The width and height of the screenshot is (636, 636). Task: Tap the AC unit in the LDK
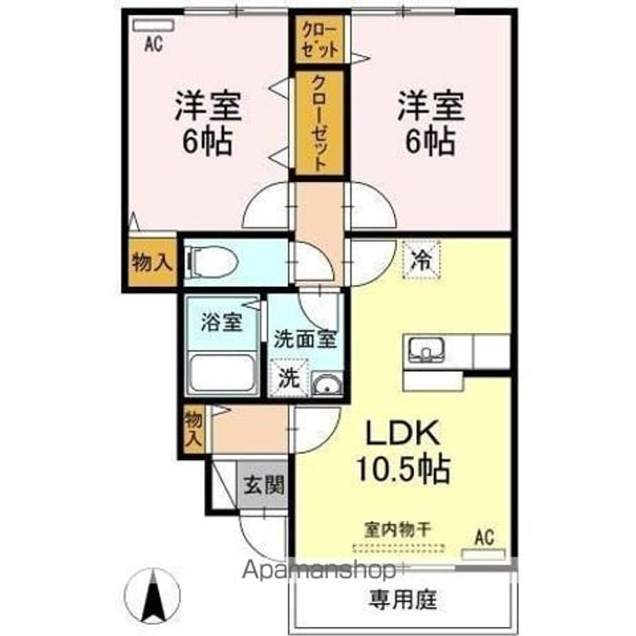pyautogui.click(x=483, y=556)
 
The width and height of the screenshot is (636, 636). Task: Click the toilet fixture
pyautogui.click(x=211, y=261)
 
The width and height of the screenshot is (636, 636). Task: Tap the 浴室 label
pyautogui.click(x=221, y=322)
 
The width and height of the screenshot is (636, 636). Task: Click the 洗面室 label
pyautogui.click(x=301, y=337)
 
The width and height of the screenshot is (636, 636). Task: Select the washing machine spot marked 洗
pyautogui.click(x=290, y=377)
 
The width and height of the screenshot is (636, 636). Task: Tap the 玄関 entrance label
pyautogui.click(x=263, y=484)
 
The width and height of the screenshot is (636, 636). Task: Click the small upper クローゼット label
pyautogui.click(x=319, y=41)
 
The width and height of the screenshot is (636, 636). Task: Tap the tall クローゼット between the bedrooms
pyautogui.click(x=319, y=123)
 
